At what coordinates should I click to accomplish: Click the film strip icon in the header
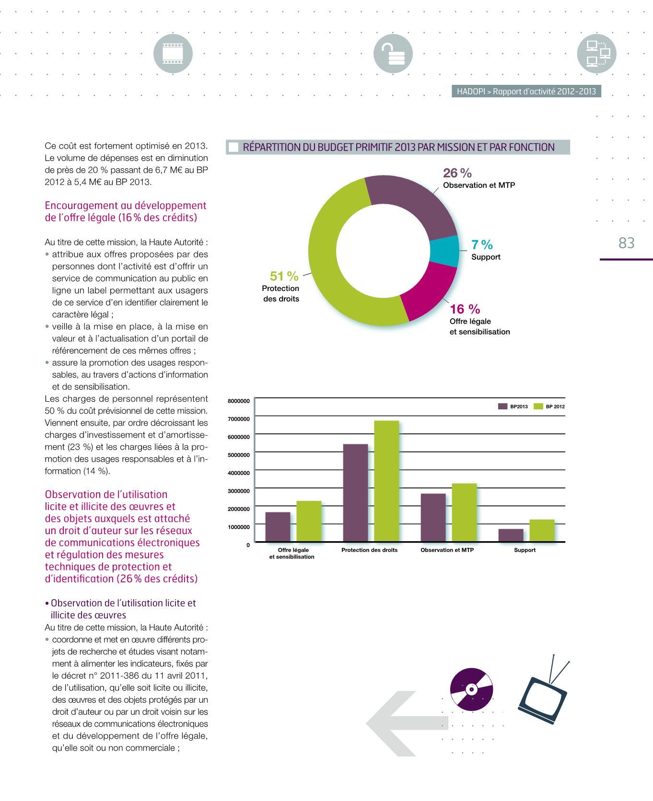pos(173,54)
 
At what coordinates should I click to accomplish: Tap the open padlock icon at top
pos(393,54)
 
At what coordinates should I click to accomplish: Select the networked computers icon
pos(597,54)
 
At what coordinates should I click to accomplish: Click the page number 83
pos(627,243)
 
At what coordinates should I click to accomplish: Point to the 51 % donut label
pos(284,277)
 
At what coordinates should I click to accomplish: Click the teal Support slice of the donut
pos(444,251)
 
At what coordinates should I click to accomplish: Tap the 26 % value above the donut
pos(457,173)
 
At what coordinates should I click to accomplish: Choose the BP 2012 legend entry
pos(549,406)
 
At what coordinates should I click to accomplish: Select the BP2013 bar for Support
pos(511,535)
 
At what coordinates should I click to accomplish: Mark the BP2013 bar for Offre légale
pos(278,527)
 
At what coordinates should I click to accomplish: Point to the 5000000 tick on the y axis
pos(239,455)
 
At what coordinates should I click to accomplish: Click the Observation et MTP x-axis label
pos(447,550)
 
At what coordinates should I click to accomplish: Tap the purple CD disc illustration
pos(472,689)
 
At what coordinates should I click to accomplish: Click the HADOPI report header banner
pos(526,92)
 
